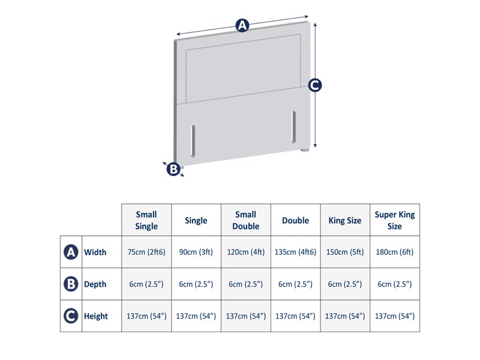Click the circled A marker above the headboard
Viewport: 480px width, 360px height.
(x=242, y=25)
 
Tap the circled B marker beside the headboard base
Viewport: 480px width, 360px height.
(x=173, y=169)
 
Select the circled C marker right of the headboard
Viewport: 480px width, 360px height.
(x=315, y=85)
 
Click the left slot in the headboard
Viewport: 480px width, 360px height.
(x=193, y=140)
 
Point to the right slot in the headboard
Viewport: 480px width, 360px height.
(x=294, y=126)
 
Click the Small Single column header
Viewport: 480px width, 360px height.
(x=146, y=220)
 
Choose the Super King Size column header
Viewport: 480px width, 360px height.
(x=395, y=220)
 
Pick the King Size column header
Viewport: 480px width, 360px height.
(x=345, y=220)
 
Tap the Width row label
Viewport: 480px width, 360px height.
(x=95, y=253)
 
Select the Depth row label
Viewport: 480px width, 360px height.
(x=95, y=284)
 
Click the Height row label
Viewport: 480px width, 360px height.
(x=96, y=316)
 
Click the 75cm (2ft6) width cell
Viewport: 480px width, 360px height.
(x=146, y=253)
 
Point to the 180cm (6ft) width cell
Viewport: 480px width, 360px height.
(x=395, y=253)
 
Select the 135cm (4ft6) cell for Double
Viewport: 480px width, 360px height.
(x=295, y=253)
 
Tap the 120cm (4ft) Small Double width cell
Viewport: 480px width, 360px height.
(x=246, y=253)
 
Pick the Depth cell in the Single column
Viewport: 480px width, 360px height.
(x=196, y=284)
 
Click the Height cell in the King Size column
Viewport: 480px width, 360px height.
(x=345, y=316)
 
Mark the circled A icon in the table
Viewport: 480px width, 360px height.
(x=71, y=253)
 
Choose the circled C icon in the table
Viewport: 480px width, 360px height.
(x=71, y=316)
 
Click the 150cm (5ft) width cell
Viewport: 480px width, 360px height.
(x=345, y=253)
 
